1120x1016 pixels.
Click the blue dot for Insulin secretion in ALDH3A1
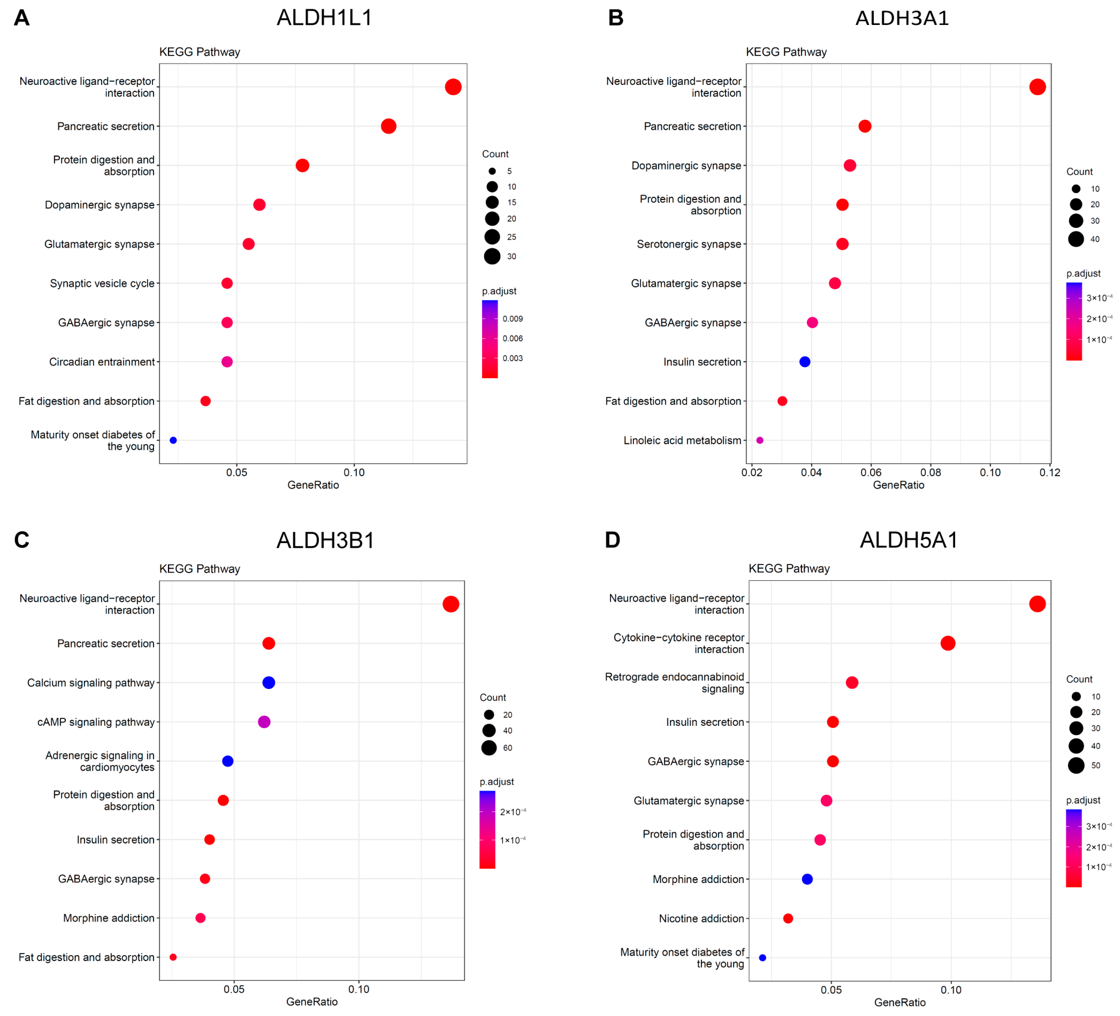pos(804,362)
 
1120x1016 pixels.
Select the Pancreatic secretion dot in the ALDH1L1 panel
pos(388,126)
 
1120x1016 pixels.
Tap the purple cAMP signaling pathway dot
pos(264,722)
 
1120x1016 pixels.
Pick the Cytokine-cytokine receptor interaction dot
pos(948,643)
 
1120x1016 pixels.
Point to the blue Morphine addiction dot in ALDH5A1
pos(807,879)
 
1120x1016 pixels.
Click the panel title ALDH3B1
pos(326,540)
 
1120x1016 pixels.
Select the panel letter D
pos(612,540)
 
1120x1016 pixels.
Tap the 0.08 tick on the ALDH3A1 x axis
pos(930,473)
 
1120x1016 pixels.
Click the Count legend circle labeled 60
pos(489,748)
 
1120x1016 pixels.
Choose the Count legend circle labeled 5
pos(492,171)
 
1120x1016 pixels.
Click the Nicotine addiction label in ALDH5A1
pos(701,918)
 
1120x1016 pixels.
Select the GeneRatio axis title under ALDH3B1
pos(312,1002)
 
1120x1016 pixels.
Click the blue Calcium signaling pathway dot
pos(268,683)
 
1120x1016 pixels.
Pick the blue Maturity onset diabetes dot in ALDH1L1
pos(173,440)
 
